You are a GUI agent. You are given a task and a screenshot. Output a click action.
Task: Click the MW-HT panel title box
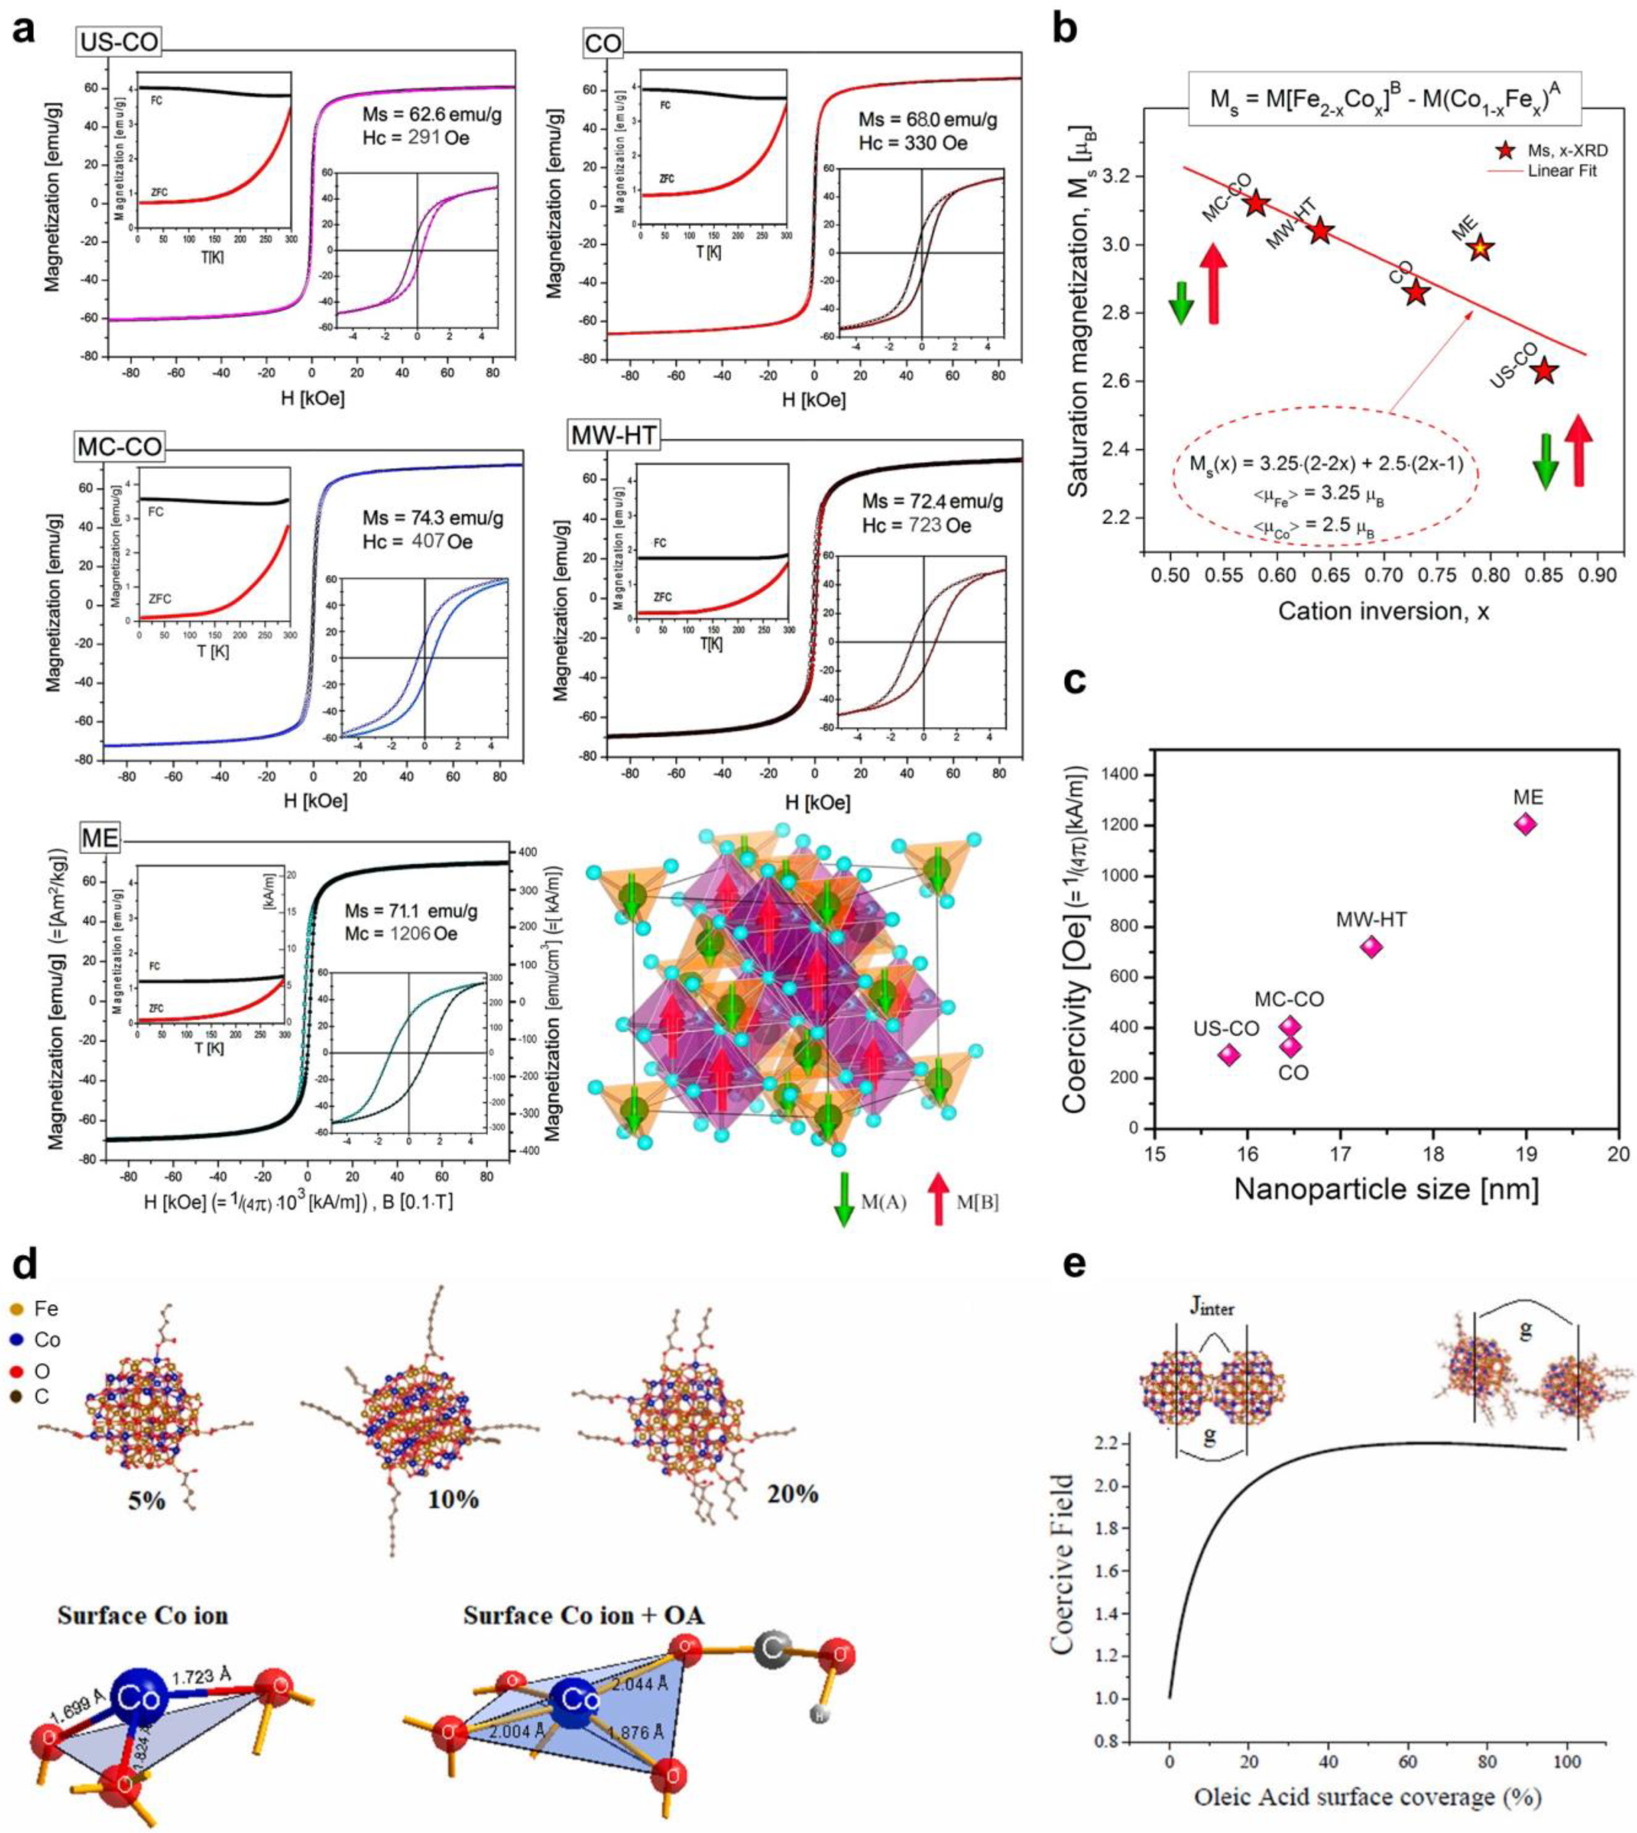click(614, 436)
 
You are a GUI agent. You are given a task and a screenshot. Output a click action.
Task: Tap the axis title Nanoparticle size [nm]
click(1386, 1189)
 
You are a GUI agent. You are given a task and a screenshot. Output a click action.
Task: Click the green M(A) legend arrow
click(843, 1201)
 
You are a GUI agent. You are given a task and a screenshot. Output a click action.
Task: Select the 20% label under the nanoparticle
click(793, 1494)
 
